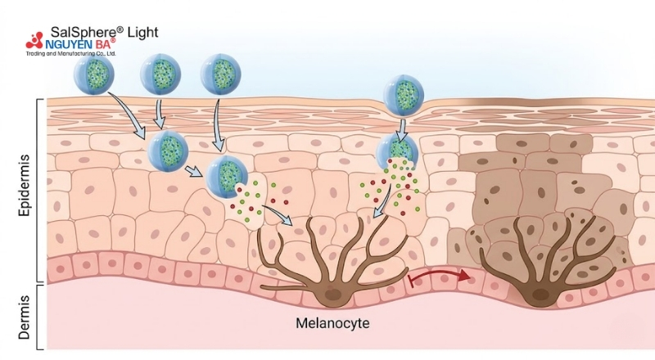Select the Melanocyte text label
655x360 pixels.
(x=332, y=323)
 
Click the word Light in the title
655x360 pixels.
(x=137, y=32)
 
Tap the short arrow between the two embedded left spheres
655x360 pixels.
(x=192, y=171)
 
